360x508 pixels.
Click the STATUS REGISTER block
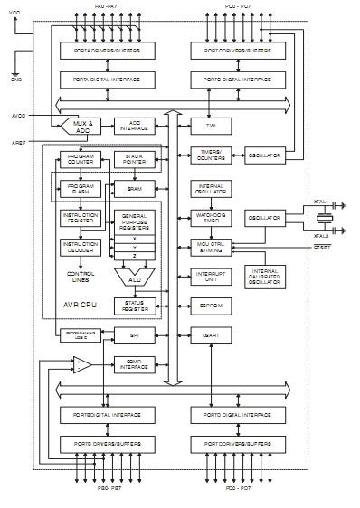point(133,306)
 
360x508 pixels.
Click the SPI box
point(133,335)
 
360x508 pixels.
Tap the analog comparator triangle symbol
point(81,364)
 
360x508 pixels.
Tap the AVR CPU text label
point(81,305)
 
